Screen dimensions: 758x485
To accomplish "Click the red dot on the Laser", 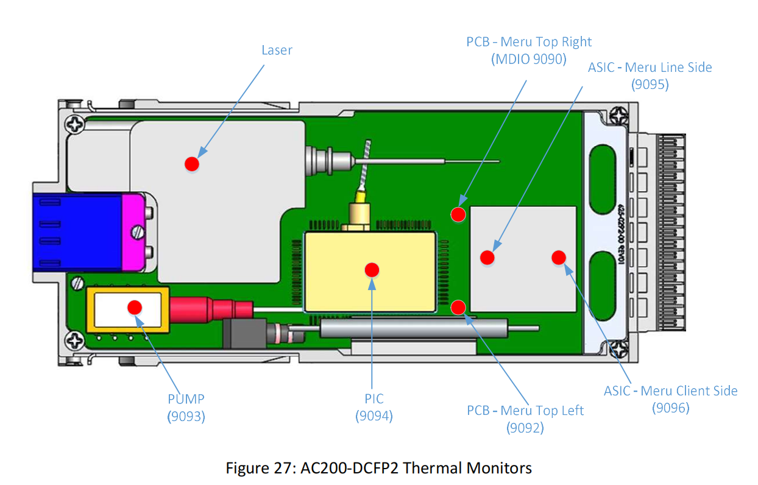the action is [x=192, y=164].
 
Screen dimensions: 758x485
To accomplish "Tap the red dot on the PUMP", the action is [x=135, y=307].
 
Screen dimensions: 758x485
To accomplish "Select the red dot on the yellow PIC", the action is [x=372, y=270].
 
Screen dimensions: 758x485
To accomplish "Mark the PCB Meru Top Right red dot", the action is [x=458, y=214].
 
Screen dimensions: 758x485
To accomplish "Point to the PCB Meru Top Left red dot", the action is [x=458, y=307].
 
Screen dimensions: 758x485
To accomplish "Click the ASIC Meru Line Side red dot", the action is [x=487, y=258].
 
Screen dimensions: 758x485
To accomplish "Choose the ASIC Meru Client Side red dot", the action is [x=559, y=258].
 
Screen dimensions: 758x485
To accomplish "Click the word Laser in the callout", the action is [x=277, y=50].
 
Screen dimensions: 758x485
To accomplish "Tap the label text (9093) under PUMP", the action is [x=186, y=416].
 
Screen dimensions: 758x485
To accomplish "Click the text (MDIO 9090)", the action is [x=528, y=59].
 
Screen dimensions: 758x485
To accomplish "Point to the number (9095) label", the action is [x=650, y=84].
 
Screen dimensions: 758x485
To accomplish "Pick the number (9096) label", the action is [x=671, y=408].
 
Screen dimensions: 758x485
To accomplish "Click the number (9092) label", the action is [x=525, y=428].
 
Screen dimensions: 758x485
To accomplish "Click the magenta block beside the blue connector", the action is [x=133, y=232].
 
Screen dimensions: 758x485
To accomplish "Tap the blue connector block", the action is [x=77, y=232].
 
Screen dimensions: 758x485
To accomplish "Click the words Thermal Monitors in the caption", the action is [x=467, y=468].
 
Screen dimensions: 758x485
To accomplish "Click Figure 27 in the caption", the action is [x=261, y=468].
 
